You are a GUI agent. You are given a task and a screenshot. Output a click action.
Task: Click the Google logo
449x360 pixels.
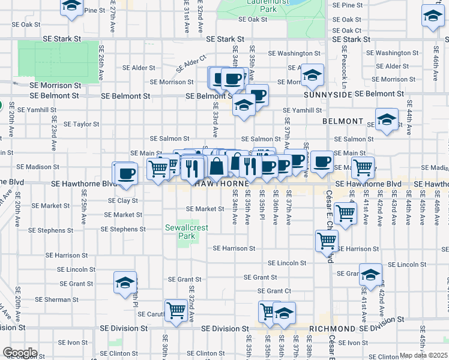point(20,353)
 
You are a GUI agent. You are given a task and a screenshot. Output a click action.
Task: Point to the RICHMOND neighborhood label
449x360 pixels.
point(333,329)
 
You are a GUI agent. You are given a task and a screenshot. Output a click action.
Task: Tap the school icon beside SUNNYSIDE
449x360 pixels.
point(312,75)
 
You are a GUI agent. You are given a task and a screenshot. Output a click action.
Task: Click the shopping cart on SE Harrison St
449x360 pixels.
point(327,241)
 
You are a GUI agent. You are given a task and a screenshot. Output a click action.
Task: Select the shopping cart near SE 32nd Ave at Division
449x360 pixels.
point(176,311)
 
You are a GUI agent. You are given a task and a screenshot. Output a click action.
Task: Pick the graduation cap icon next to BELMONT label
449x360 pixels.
point(387,119)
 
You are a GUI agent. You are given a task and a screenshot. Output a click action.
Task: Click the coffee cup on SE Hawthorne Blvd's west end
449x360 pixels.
point(126,173)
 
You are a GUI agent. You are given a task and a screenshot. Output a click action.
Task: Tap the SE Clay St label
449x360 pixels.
point(123,200)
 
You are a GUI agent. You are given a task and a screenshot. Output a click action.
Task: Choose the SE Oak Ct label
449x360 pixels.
point(346,30)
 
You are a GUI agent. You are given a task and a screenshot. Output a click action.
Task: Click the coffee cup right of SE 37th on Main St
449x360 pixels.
point(322,161)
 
